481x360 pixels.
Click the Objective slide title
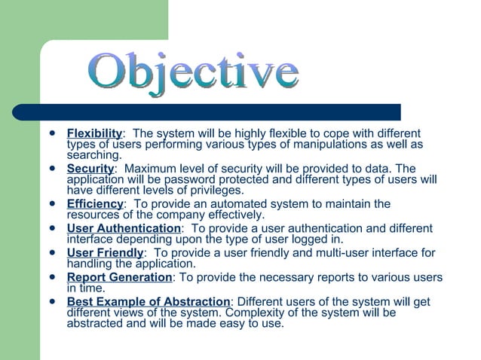click(x=193, y=74)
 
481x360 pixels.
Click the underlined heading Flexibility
click(x=95, y=134)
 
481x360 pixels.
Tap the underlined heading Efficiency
click(x=95, y=204)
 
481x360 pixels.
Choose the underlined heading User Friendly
click(x=106, y=253)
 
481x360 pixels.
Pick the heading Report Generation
click(x=119, y=277)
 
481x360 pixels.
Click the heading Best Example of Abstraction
click(x=149, y=302)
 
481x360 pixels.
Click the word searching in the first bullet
click(x=93, y=155)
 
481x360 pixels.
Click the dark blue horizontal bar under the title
click(x=219, y=112)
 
